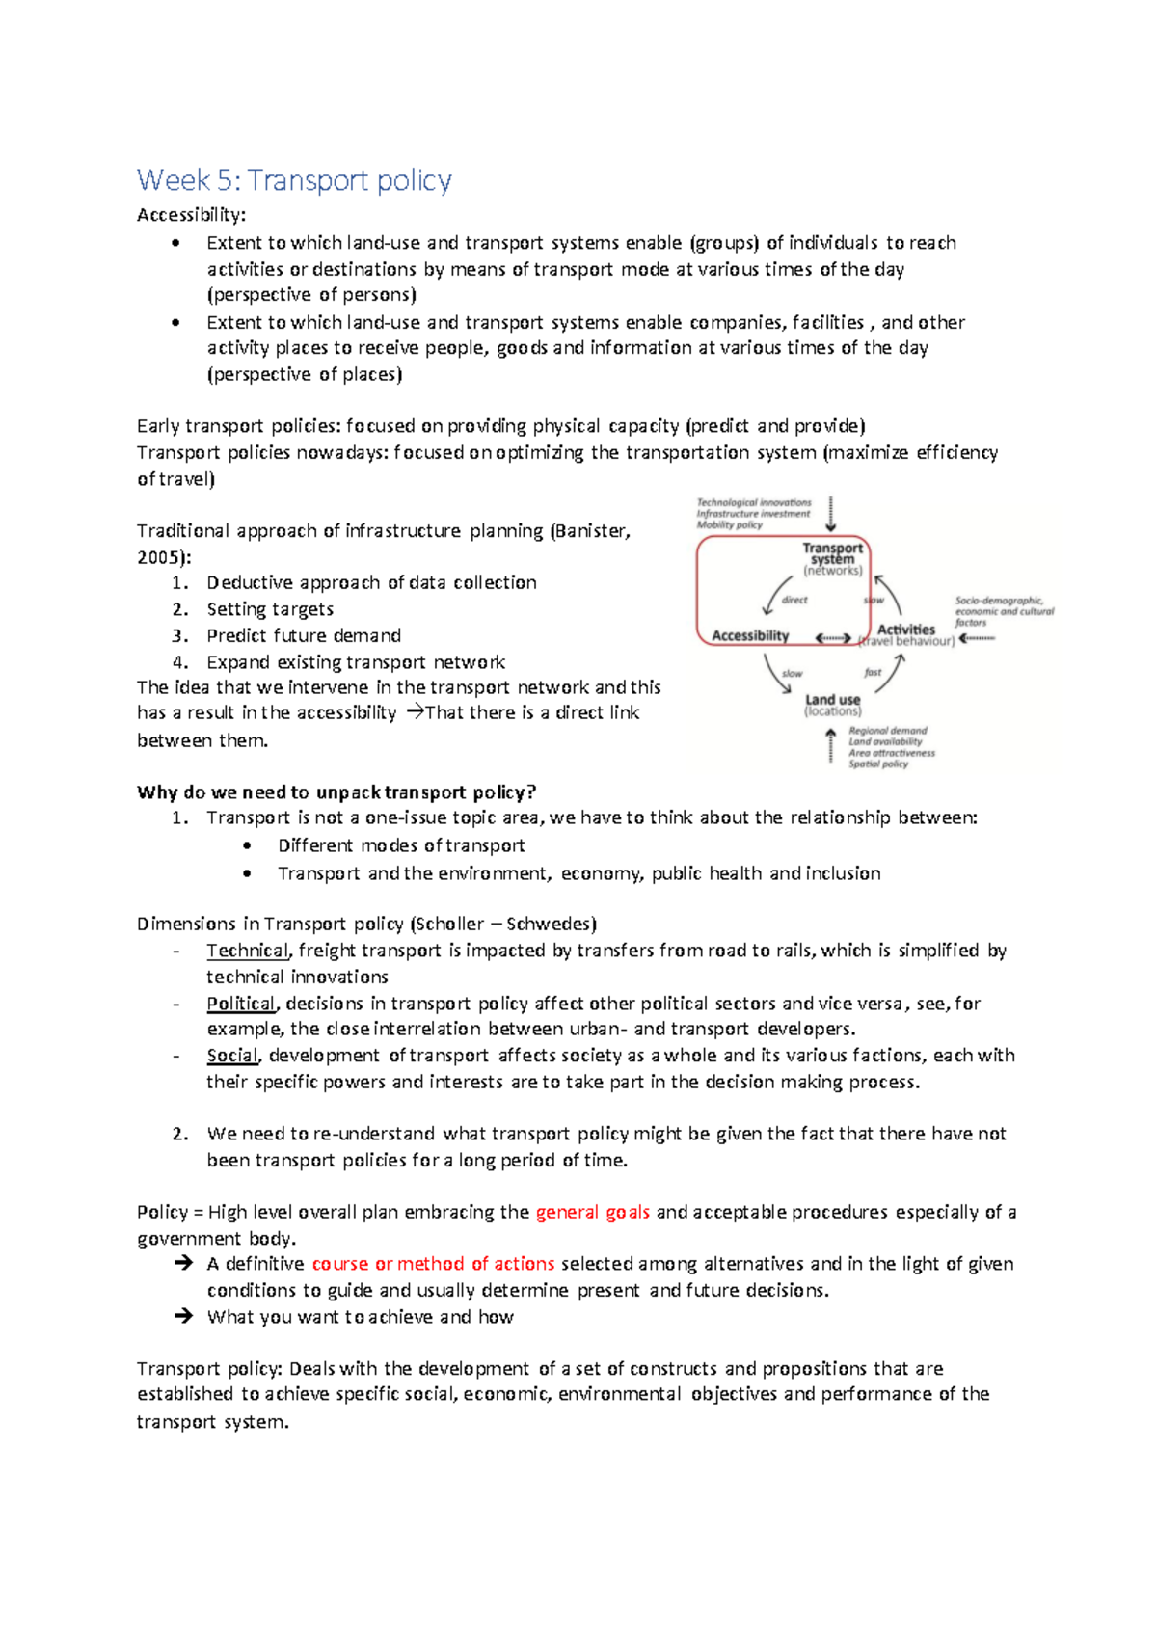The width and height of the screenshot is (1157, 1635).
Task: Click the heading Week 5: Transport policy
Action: (294, 180)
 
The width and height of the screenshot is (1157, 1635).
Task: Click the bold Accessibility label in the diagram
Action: (750, 635)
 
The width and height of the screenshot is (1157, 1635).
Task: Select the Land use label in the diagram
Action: (833, 699)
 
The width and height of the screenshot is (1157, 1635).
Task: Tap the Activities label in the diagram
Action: (905, 630)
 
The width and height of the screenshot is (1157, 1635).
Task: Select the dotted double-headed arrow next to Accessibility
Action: (833, 638)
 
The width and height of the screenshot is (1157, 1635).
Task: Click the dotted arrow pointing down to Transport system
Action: (831, 514)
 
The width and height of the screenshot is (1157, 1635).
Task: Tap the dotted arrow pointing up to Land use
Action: (831, 746)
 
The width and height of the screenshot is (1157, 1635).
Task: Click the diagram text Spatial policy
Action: (877, 764)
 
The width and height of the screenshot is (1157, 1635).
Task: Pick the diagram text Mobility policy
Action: (729, 525)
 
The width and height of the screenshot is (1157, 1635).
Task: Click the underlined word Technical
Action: (248, 951)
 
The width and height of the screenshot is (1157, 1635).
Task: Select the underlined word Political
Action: (241, 1004)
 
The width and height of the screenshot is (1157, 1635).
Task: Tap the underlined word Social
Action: (232, 1056)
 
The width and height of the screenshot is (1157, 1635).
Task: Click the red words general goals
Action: (592, 1212)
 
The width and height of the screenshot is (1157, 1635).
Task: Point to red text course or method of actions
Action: (433, 1264)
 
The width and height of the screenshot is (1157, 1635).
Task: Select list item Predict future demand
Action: (304, 635)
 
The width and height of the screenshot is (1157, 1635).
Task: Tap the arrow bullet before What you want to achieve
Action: (183, 1316)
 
